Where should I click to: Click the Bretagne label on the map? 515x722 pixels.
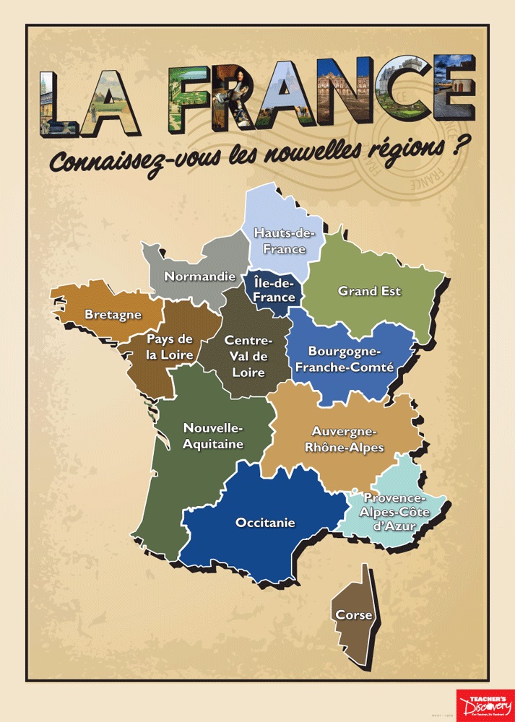pyautogui.click(x=113, y=315)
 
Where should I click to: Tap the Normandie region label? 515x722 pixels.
pyautogui.click(x=199, y=276)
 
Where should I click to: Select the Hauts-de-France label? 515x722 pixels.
pyautogui.click(x=280, y=240)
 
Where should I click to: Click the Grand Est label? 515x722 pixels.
pyautogui.click(x=369, y=291)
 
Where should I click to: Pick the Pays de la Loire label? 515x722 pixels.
pyautogui.click(x=170, y=347)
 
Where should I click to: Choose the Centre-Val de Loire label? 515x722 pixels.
pyautogui.click(x=248, y=357)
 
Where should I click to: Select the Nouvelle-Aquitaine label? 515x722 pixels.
pyautogui.click(x=213, y=435)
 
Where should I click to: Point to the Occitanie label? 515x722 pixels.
pyautogui.click(x=265, y=523)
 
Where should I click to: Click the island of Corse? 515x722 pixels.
pyautogui.click(x=355, y=616)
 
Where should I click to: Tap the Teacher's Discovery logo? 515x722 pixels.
pyautogui.click(x=485, y=705)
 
